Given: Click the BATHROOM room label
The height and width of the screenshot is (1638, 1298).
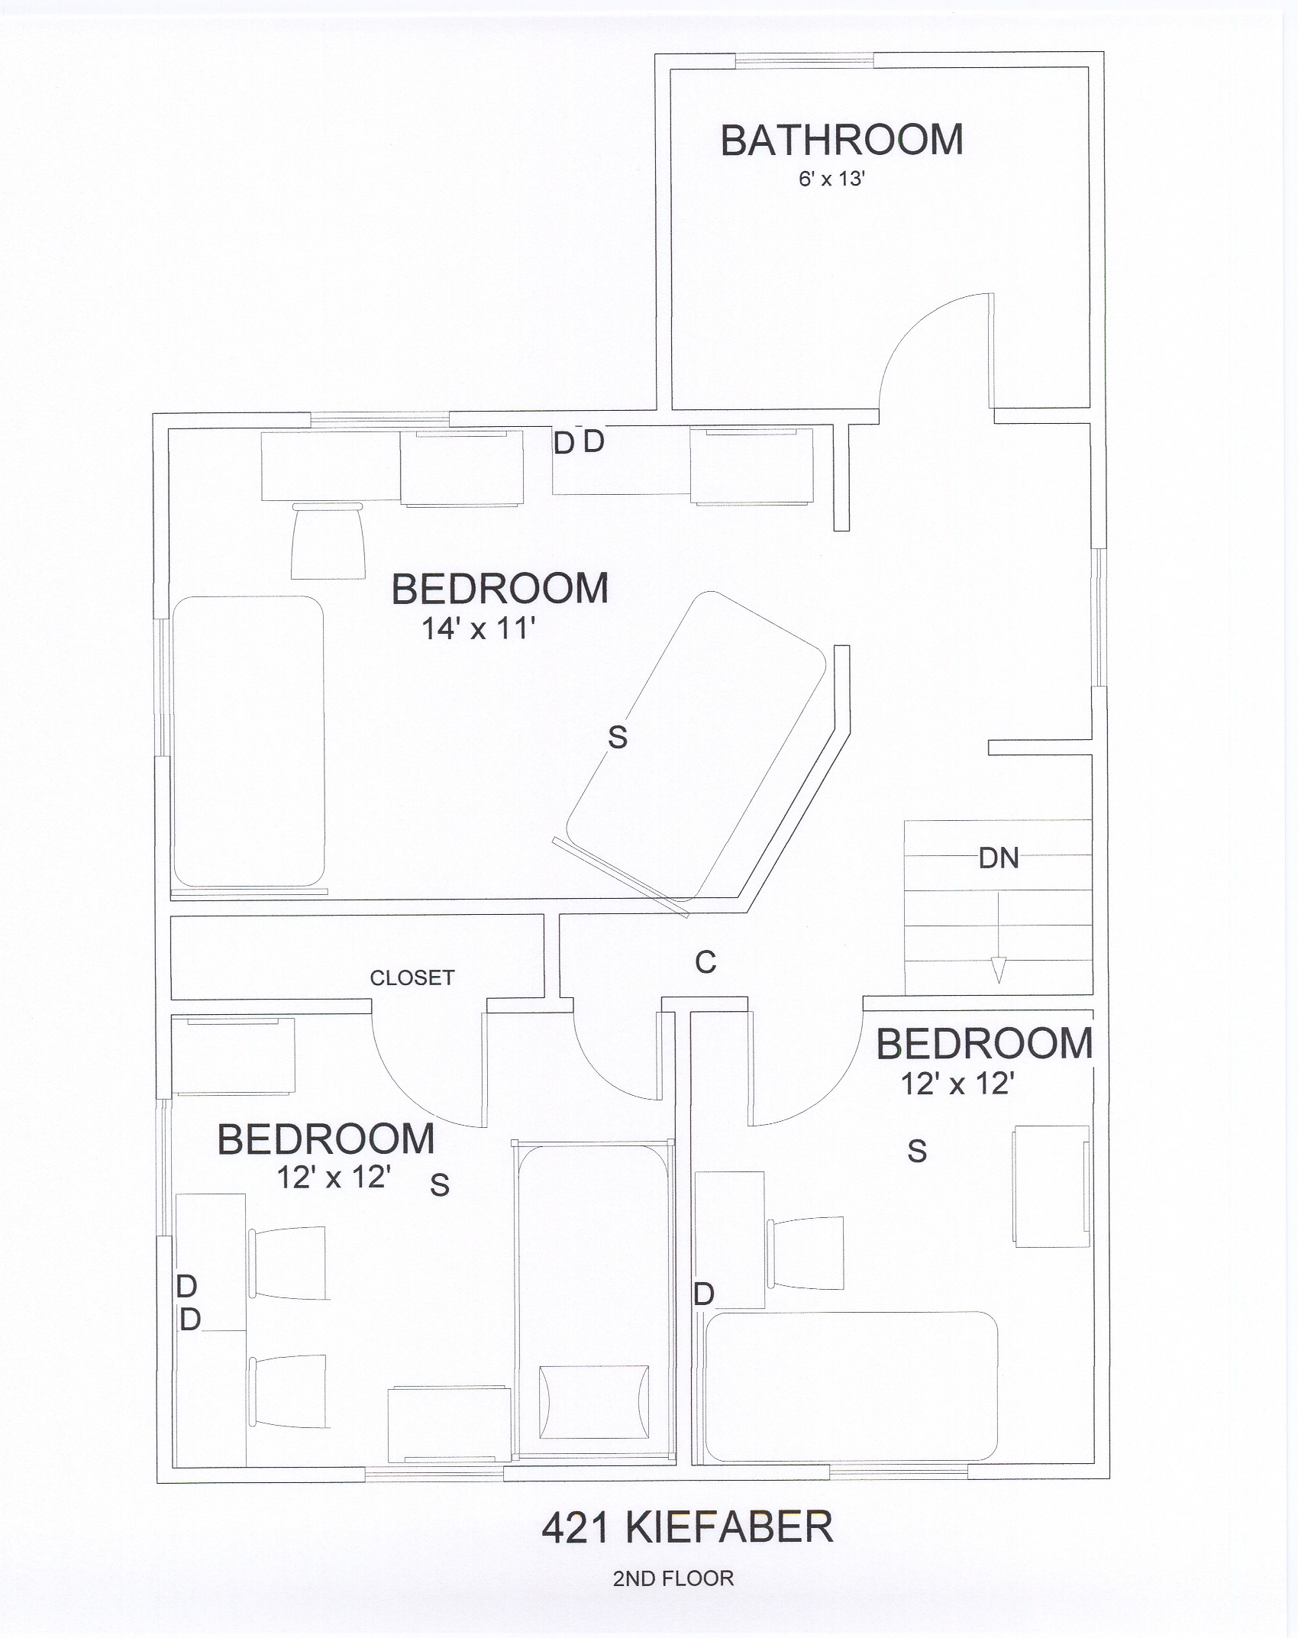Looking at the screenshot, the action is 841,141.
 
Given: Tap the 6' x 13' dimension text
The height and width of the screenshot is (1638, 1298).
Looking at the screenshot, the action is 831,179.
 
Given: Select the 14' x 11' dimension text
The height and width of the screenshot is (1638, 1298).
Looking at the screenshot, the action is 478,629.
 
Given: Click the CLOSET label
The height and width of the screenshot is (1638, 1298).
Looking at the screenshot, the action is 412,977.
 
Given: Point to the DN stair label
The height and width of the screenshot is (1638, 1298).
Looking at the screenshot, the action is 999,858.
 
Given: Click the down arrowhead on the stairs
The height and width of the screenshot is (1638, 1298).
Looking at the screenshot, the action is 999,971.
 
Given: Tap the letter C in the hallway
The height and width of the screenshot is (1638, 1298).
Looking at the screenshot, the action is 706,962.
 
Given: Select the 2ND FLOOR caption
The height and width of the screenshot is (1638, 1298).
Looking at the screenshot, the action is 673,1578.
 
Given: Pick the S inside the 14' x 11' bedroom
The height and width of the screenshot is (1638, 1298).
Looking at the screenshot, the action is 618,737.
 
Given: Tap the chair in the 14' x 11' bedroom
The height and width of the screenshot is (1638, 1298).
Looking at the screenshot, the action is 328,540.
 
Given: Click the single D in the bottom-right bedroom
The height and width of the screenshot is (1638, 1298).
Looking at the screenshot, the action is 704,1294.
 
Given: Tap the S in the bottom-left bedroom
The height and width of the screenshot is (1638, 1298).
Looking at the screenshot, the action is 440,1184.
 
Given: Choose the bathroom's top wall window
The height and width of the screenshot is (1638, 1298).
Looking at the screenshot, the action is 804,60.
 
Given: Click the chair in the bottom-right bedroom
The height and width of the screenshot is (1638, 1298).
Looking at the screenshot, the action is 806,1252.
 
